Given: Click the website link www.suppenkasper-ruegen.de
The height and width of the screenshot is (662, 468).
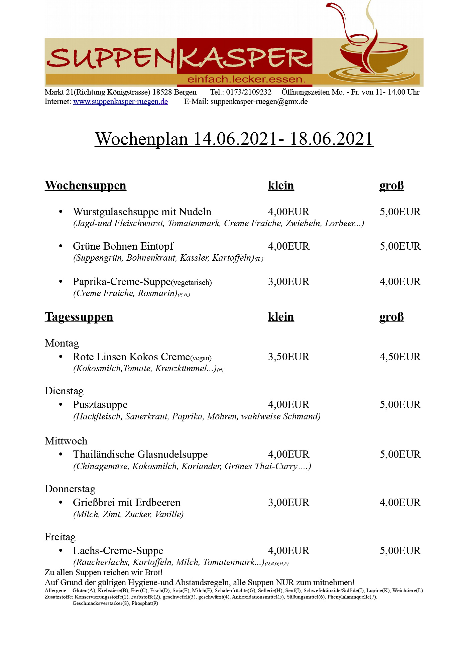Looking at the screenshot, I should (120, 102).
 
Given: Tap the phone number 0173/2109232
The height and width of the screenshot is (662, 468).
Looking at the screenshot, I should (249, 92).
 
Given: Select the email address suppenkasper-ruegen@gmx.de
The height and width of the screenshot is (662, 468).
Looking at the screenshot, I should (259, 102).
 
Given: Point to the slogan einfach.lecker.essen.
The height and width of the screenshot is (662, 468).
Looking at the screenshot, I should (247, 80).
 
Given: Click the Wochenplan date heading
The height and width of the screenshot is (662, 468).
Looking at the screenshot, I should (234, 139).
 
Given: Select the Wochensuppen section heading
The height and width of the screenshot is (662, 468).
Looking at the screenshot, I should (86, 185).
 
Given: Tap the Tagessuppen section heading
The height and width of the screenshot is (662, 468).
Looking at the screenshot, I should (79, 317).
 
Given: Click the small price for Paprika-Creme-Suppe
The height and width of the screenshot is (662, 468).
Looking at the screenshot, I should (288, 282).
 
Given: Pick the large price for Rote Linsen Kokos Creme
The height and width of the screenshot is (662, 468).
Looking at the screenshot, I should (400, 357).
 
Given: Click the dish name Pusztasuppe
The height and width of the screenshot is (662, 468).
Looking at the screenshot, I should (100, 405).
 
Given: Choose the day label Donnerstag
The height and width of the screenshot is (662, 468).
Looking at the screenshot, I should (70, 489).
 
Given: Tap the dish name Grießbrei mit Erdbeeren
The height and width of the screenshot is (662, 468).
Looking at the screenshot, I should (127, 503).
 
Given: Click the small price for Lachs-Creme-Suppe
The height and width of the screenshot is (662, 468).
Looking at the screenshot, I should (288, 551).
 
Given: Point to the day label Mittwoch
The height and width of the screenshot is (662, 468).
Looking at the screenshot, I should (66, 441).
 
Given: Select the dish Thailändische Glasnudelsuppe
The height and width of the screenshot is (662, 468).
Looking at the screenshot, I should (140, 454).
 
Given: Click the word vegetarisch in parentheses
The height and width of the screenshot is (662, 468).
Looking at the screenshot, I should (192, 283).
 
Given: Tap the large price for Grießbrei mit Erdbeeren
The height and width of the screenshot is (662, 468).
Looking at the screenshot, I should (400, 503).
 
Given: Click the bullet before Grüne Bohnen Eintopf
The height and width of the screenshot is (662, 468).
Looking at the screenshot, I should (61, 246).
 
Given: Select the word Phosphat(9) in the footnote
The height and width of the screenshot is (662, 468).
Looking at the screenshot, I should (145, 603).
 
